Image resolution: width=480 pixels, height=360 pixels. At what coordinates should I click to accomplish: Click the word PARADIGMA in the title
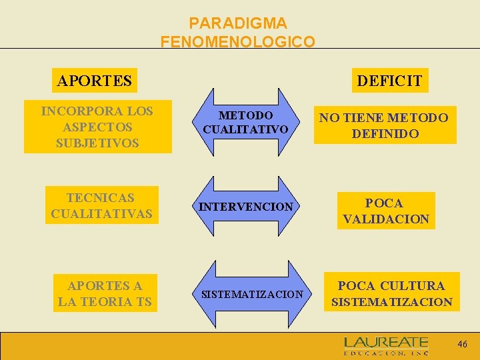point(238,24)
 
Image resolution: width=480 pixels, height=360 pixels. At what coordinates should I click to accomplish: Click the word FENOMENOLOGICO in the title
point(238,42)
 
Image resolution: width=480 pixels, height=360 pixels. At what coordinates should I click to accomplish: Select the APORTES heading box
point(95,81)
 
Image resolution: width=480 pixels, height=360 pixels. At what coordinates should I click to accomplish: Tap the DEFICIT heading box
point(389,81)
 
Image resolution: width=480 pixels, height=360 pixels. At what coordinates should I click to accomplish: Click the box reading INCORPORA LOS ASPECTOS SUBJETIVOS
point(97,127)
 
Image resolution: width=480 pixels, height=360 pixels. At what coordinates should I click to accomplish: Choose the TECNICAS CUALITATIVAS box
point(102,205)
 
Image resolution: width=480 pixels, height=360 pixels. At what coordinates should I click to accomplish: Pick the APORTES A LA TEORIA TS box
point(105,293)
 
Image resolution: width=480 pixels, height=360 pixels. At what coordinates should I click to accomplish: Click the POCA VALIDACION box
point(385,211)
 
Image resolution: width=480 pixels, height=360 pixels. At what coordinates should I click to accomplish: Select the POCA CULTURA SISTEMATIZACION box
point(391,293)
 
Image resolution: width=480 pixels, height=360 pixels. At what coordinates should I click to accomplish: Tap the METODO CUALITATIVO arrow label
point(245,122)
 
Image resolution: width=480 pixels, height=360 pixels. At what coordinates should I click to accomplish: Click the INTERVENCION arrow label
point(246,207)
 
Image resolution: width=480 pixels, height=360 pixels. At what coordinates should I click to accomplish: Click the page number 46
point(462,344)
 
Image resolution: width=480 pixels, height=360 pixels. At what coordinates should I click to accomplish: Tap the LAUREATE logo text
point(386,343)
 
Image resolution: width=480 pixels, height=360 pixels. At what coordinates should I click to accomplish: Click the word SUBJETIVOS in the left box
point(97,143)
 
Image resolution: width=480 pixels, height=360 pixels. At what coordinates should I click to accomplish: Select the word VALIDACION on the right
point(386,219)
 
